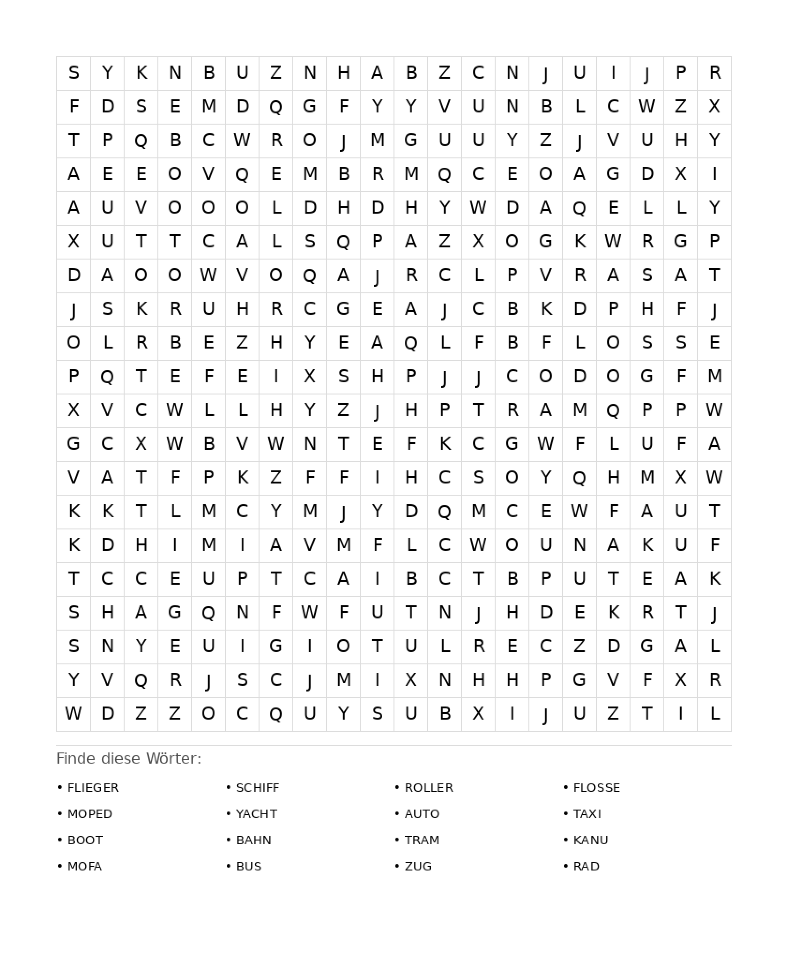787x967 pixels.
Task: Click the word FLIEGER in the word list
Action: tap(93, 788)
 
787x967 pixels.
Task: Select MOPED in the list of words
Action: tap(89, 814)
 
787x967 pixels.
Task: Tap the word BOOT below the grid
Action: tap(85, 840)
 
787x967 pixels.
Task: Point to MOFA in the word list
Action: tap(84, 866)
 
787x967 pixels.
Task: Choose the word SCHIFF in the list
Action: tap(257, 788)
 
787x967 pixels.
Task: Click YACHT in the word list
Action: tap(256, 814)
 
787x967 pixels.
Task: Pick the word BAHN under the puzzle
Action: tap(253, 840)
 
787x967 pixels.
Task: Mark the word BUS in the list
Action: tap(248, 866)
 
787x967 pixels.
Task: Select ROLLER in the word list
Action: tap(429, 788)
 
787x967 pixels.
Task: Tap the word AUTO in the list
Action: tap(422, 814)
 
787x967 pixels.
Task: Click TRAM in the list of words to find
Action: tap(422, 840)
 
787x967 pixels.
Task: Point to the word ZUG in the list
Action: tap(418, 866)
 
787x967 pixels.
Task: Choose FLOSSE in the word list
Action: tap(596, 788)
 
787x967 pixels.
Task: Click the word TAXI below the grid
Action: tap(587, 814)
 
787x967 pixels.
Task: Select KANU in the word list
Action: tap(591, 840)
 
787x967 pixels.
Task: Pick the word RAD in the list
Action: tap(586, 866)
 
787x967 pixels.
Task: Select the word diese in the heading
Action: tap(120, 759)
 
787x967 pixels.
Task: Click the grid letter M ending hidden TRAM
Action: tap(579, 410)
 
